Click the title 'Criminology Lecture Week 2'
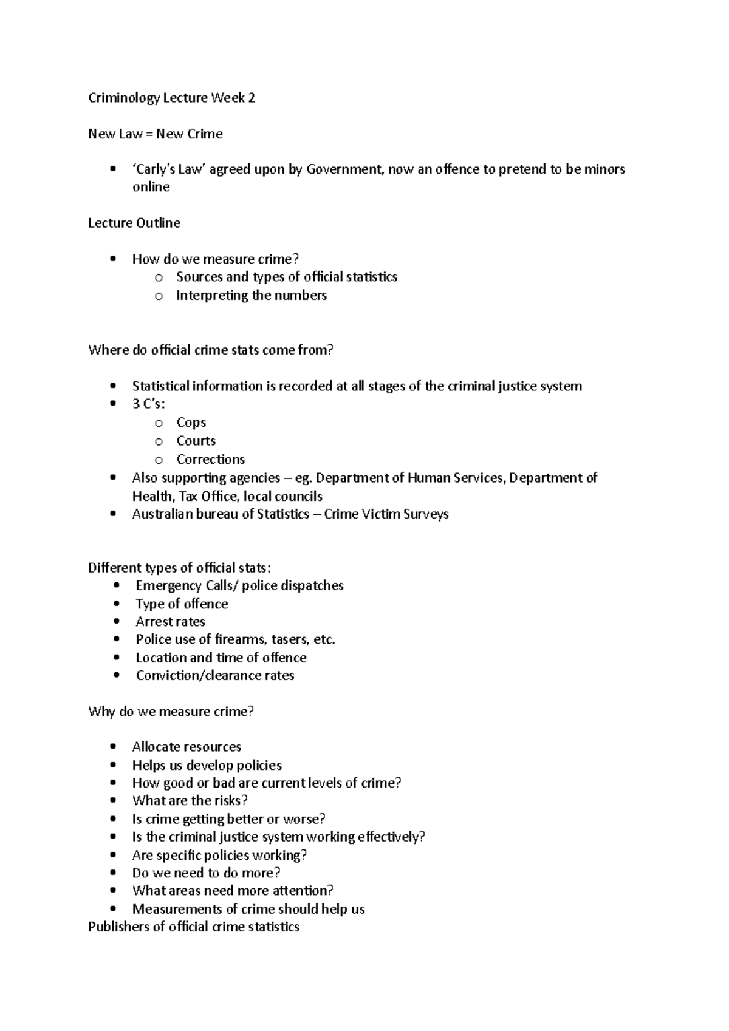[171, 98]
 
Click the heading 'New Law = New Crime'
[155, 134]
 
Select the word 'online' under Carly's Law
[151, 187]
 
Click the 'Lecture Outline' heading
[134, 223]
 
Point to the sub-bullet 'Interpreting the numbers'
[251, 296]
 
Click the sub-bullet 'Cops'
[191, 423]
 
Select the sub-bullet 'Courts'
[196, 441]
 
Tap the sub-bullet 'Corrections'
[210, 460]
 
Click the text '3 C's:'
[149, 404]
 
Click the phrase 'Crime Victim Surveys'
[386, 514]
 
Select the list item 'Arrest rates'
[170, 622]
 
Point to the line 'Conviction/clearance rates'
[214, 676]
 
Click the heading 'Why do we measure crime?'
[171, 712]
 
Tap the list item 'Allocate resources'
[187, 747]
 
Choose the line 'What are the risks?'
[190, 801]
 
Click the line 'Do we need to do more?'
[206, 873]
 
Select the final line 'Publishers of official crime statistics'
[193, 927]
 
